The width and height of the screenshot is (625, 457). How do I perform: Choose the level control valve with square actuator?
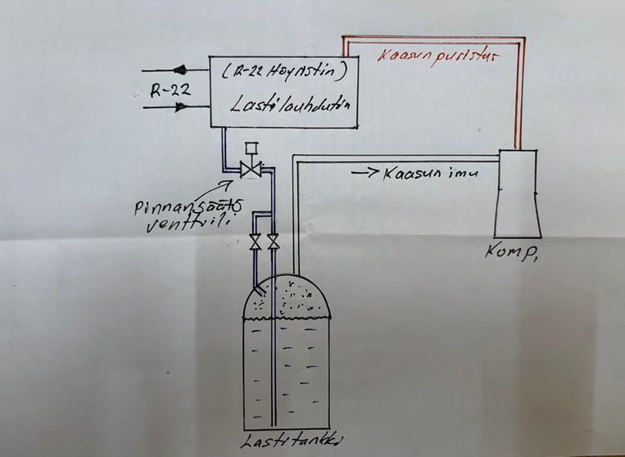(x=251, y=170)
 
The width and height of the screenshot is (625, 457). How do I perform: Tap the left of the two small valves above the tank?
(x=255, y=242)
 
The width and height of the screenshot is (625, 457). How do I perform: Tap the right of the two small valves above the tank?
(x=273, y=242)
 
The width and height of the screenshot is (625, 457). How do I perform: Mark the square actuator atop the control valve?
(x=251, y=147)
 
